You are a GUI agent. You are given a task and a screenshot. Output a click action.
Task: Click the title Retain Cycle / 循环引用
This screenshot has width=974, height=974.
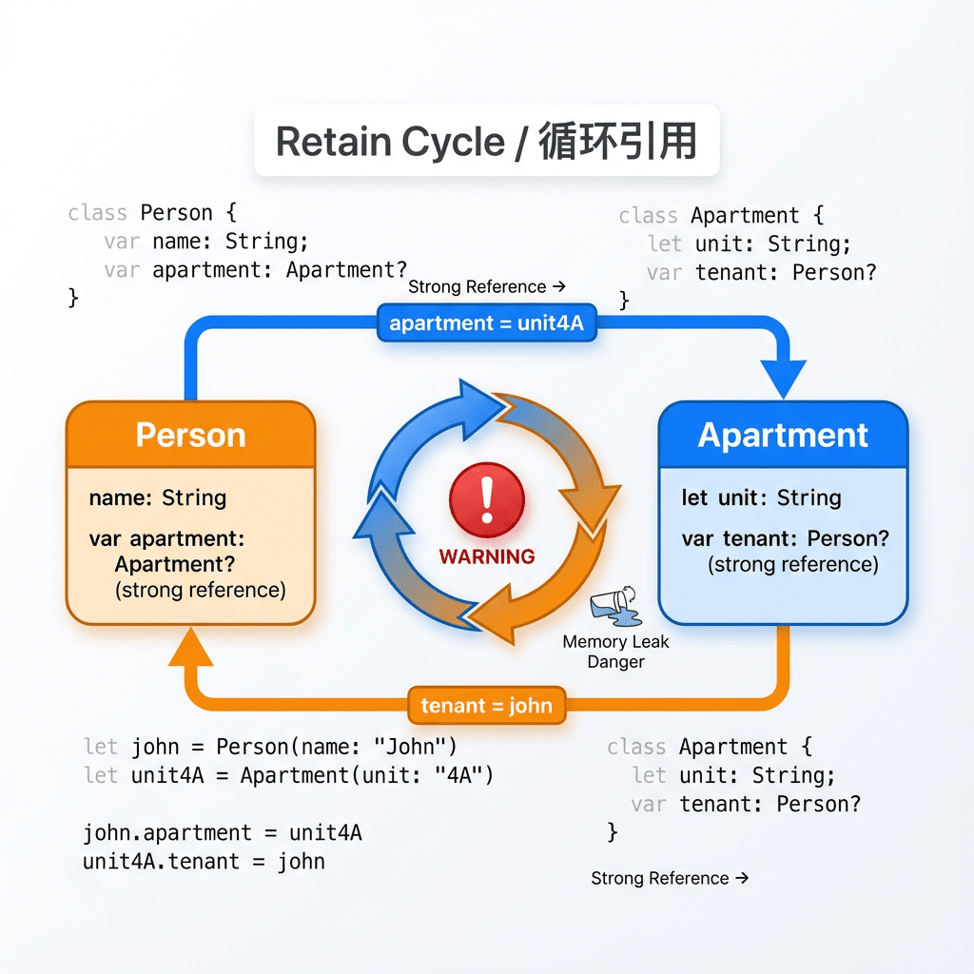[486, 142]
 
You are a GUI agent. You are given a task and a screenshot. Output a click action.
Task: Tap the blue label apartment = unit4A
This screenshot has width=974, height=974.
[486, 323]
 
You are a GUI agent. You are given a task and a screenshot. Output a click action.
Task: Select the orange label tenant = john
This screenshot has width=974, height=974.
[486, 706]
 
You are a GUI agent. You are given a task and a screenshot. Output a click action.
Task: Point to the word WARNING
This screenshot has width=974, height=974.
[486, 556]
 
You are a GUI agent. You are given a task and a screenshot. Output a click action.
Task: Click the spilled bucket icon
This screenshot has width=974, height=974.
[614, 607]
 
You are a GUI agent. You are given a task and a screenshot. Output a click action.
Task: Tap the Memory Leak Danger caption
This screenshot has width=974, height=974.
[615, 652]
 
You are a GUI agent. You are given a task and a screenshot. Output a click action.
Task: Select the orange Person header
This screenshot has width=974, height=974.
[190, 435]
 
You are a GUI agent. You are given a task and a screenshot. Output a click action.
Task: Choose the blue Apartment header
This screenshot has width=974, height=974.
[783, 435]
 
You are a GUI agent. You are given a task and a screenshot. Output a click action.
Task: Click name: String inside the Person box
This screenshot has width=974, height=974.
[158, 497]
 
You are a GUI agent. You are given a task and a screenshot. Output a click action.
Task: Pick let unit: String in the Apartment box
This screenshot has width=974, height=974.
[761, 497]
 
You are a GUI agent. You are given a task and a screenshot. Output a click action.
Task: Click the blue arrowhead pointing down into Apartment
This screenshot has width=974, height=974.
[783, 379]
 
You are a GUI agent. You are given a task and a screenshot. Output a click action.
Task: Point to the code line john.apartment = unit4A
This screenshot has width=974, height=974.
[223, 833]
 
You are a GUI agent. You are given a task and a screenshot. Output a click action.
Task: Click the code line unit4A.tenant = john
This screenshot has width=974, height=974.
[205, 862]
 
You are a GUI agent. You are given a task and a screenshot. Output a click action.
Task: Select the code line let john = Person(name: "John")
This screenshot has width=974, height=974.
[270, 747]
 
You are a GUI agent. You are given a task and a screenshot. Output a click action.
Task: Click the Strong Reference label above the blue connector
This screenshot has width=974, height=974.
[487, 286]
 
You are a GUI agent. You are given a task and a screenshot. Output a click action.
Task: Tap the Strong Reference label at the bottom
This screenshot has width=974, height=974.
[670, 878]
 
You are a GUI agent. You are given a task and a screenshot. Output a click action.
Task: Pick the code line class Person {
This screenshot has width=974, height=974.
[152, 212]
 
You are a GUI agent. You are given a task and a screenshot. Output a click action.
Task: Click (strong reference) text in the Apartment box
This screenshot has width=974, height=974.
[792, 565]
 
